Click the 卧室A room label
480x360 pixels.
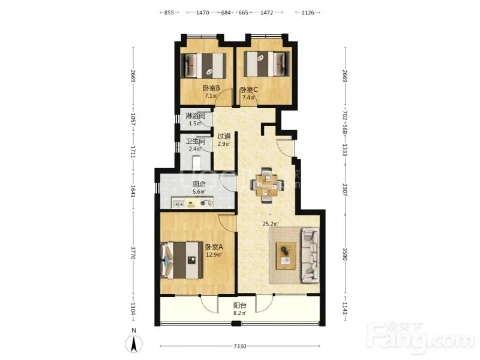pyautogui.click(x=214, y=247)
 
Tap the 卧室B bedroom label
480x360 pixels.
pyautogui.click(x=211, y=88)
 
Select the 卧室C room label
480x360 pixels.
pyautogui.click(x=248, y=89)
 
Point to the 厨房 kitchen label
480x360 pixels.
pyautogui.click(x=199, y=184)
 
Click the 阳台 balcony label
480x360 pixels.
pyautogui.click(x=239, y=305)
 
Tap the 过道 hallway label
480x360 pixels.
pyautogui.click(x=224, y=136)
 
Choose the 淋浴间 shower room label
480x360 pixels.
pyautogui.click(x=195, y=116)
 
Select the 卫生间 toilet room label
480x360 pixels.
pyautogui.click(x=195, y=142)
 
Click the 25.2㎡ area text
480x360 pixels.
pyautogui.click(x=271, y=224)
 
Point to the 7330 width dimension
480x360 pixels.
pyautogui.click(x=239, y=346)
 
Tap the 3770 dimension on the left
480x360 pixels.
pyautogui.click(x=133, y=253)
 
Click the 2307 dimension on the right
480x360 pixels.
pyautogui.click(x=345, y=190)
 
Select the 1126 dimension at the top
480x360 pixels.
pyautogui.click(x=308, y=13)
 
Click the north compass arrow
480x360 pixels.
pyautogui.click(x=134, y=343)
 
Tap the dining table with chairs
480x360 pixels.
pyautogui.click(x=266, y=185)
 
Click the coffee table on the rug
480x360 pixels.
pyautogui.click(x=286, y=256)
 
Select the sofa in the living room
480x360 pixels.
pyautogui.click(x=310, y=256)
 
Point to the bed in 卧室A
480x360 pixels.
pyautogui.click(x=182, y=260)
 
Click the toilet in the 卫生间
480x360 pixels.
pyautogui.click(x=196, y=162)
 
